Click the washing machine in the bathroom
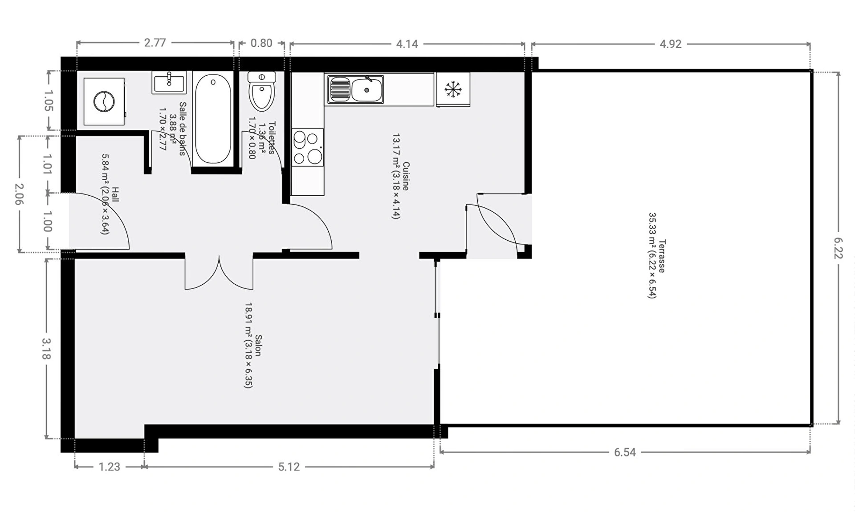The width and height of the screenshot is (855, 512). pos(104,101)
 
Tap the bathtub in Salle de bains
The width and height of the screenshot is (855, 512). pos(213,119)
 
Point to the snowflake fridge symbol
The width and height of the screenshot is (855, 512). pos(453,89)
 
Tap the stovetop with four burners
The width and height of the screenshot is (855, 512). pos(307,147)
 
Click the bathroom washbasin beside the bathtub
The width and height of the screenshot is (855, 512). pos(169,82)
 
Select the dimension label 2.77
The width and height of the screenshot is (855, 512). pos(155,43)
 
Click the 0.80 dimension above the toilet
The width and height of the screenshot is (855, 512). pos(261,43)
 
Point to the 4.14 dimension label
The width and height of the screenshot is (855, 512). pos(407,44)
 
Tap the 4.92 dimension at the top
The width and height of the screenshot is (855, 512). pos(671,44)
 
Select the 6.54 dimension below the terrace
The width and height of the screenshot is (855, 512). pos(625,452)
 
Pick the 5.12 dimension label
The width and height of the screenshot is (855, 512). pos(289,467)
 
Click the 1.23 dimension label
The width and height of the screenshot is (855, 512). pos(110,467)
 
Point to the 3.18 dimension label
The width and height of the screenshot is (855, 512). pos(47,349)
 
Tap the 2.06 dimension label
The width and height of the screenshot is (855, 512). pos(19,194)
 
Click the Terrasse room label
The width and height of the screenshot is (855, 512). pos(662,256)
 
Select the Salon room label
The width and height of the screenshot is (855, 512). pos(258,346)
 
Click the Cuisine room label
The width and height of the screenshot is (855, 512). pos(406,176)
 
